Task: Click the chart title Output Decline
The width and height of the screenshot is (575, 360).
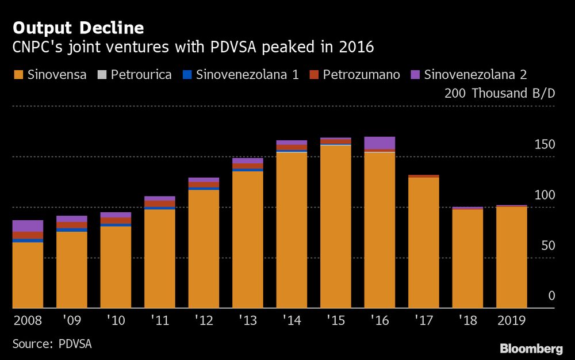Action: (x=78, y=28)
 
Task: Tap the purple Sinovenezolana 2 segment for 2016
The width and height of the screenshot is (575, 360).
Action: (x=379, y=143)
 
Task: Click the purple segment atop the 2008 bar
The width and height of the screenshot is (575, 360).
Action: (x=28, y=225)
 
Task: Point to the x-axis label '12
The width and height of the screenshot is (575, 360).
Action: (x=204, y=320)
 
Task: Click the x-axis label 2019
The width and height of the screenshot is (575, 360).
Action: (x=511, y=320)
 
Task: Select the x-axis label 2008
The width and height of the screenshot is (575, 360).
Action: (x=28, y=320)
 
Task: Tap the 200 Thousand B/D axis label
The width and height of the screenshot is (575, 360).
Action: (x=500, y=94)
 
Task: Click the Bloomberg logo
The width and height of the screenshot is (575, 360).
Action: (x=531, y=348)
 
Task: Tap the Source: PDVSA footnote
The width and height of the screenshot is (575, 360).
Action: (x=52, y=344)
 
